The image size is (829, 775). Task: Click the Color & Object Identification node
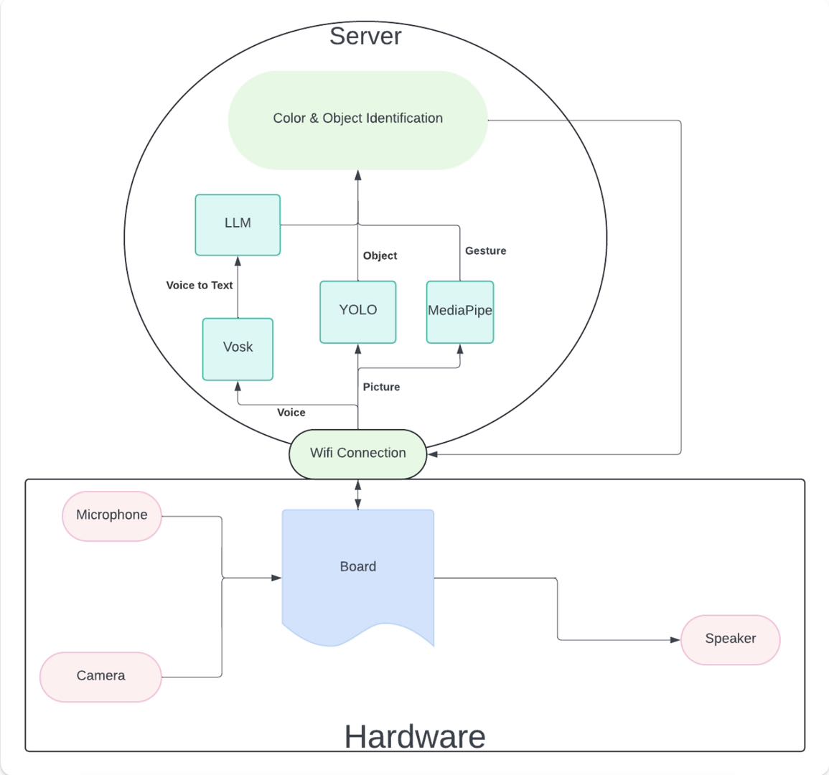click(357, 119)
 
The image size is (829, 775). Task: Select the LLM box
click(238, 224)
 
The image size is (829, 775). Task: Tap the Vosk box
click(238, 348)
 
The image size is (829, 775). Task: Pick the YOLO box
click(357, 311)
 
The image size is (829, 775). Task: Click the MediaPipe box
click(460, 311)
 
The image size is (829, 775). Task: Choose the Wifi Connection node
click(357, 454)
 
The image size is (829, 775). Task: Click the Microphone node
click(112, 516)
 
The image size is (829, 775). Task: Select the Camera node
click(100, 676)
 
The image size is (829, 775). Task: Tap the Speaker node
click(730, 639)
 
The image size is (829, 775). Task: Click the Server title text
click(365, 36)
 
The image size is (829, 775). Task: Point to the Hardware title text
click(415, 736)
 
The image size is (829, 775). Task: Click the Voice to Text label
click(200, 286)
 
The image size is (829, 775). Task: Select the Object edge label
click(380, 256)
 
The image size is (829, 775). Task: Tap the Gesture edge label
click(485, 251)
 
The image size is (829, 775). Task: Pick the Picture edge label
click(381, 387)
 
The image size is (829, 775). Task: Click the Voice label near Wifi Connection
click(291, 413)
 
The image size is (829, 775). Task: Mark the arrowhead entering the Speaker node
click(675, 639)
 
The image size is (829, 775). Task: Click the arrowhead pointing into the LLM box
click(238, 261)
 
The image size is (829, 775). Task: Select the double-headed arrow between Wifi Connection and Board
click(357, 494)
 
